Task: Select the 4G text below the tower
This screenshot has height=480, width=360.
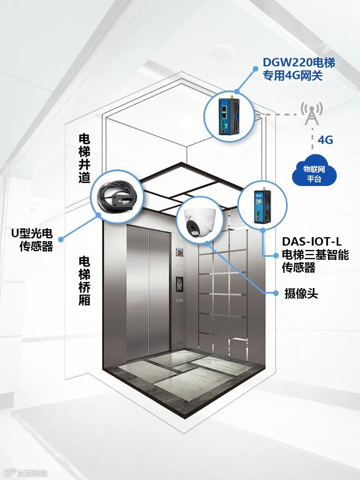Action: pos(325,140)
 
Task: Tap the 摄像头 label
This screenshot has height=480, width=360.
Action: pos(301,293)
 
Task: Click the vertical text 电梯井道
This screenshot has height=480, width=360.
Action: pos(84,158)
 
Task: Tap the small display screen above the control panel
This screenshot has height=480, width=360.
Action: pos(180,252)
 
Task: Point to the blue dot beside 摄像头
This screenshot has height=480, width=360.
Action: pos(276,293)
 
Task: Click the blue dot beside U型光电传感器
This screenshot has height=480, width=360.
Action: pos(61,240)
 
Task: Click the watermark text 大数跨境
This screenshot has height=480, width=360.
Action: pos(32,473)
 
